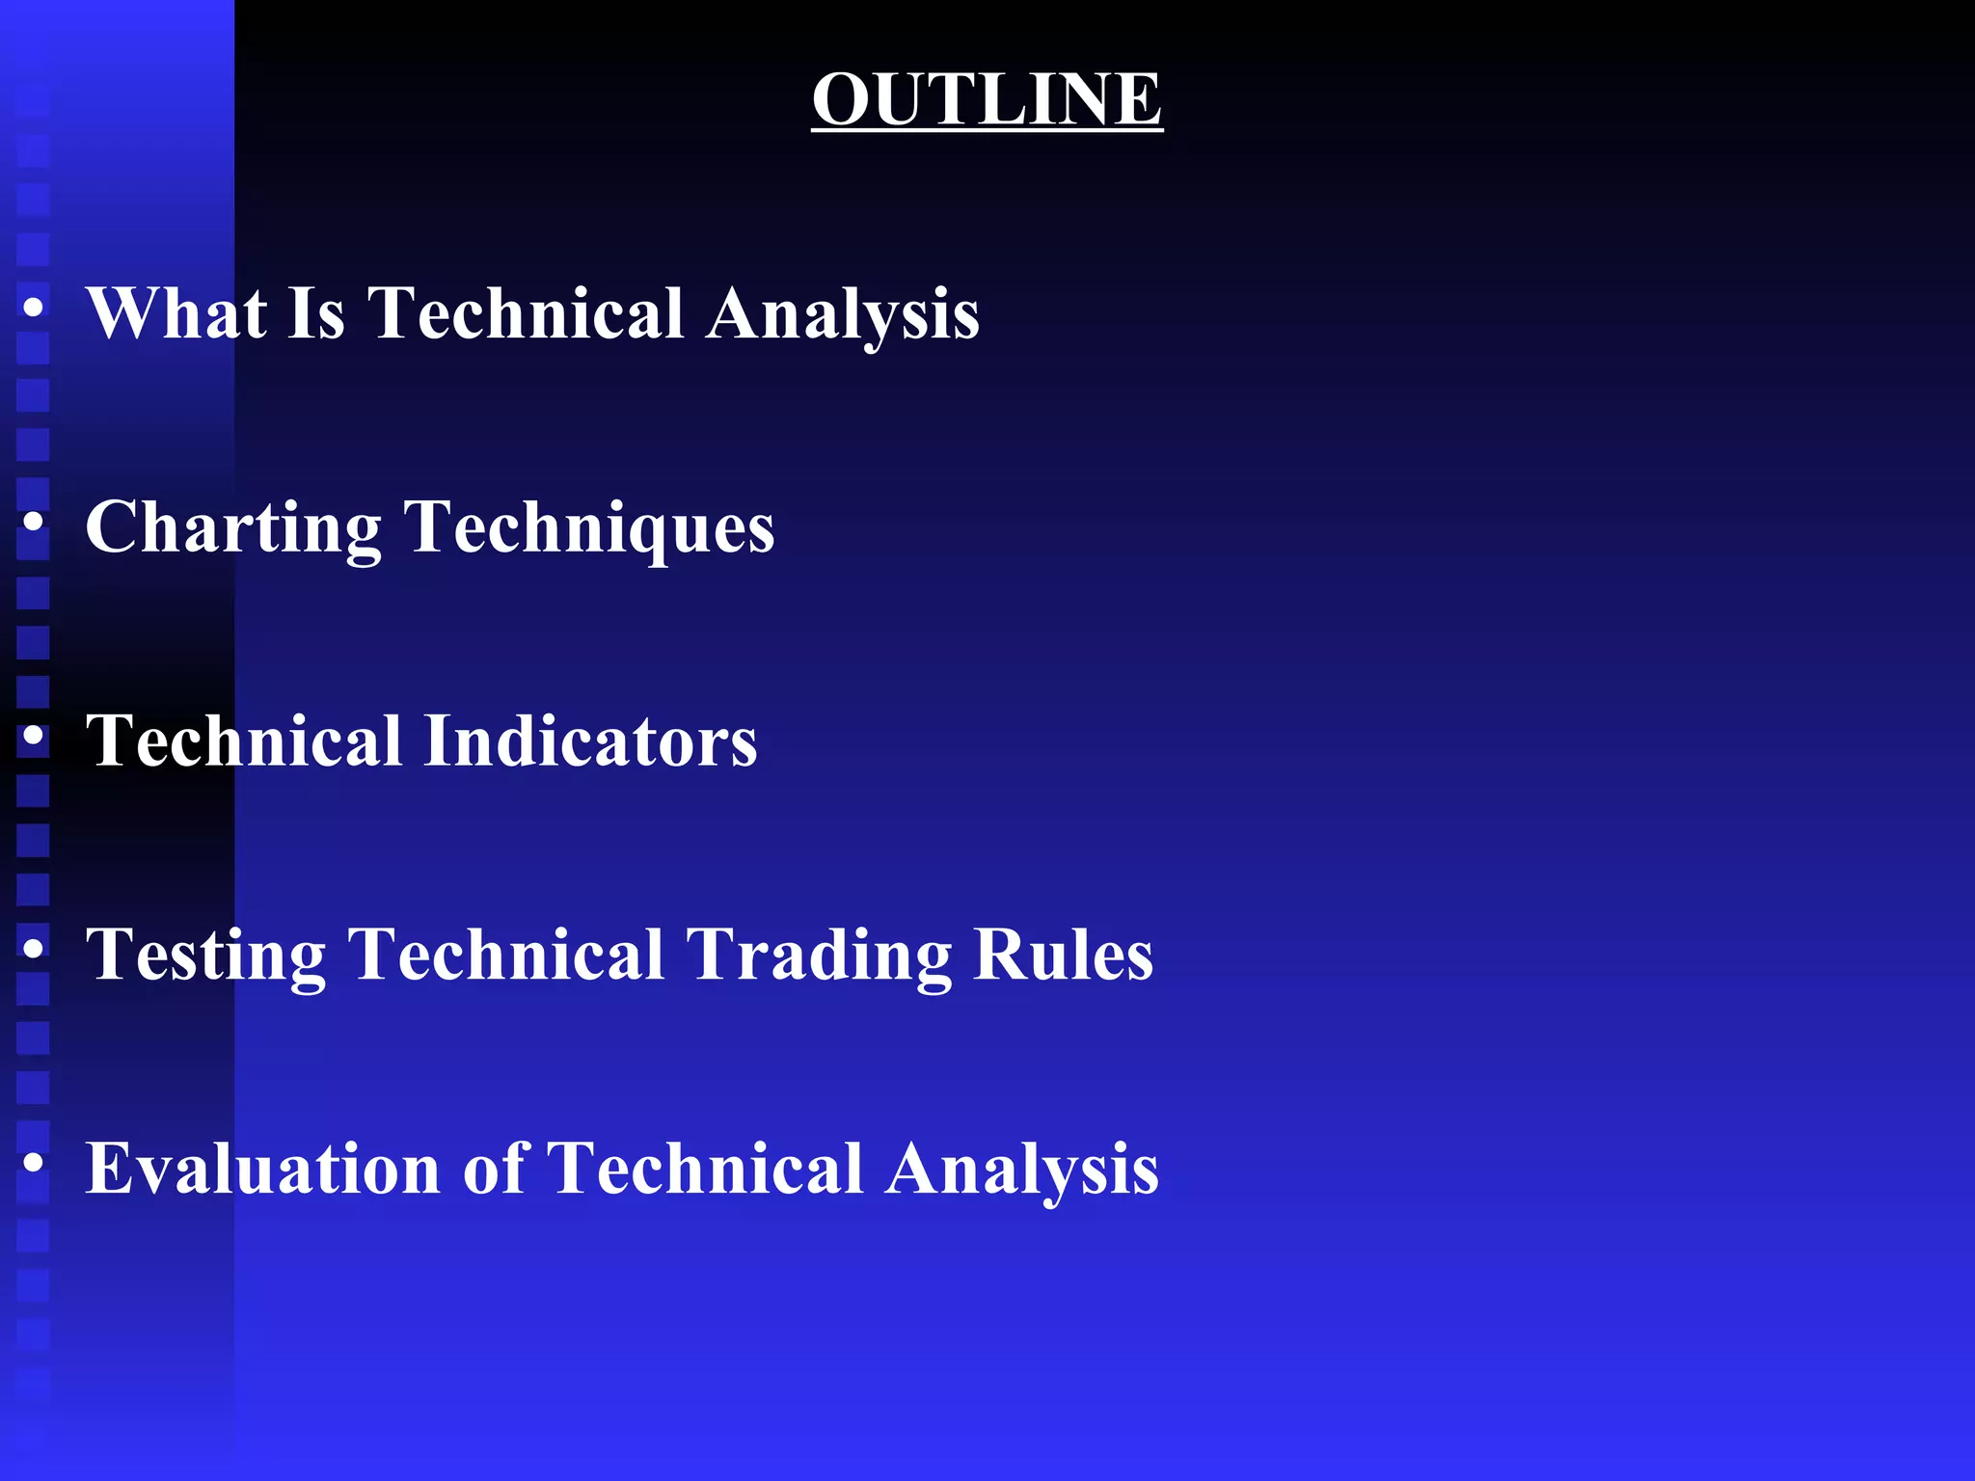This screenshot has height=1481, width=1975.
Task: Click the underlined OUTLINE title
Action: [x=987, y=98]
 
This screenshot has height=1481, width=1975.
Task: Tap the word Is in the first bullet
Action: [x=315, y=313]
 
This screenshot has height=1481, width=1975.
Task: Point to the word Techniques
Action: [x=589, y=528]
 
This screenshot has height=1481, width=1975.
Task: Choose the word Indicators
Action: [x=590, y=740]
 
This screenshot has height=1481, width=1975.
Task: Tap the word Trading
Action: [x=819, y=956]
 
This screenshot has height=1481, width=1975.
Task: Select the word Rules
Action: [x=1063, y=955]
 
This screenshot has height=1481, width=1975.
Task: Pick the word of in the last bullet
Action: [x=496, y=1169]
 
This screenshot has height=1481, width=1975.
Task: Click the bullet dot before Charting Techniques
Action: [x=34, y=522]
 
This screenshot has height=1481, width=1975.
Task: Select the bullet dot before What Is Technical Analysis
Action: [x=34, y=308]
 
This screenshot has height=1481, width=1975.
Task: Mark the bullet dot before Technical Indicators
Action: [x=34, y=736]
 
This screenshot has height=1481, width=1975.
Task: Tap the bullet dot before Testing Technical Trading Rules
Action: [x=34, y=950]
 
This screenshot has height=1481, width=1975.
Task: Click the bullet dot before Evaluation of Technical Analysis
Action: [x=34, y=1163]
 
